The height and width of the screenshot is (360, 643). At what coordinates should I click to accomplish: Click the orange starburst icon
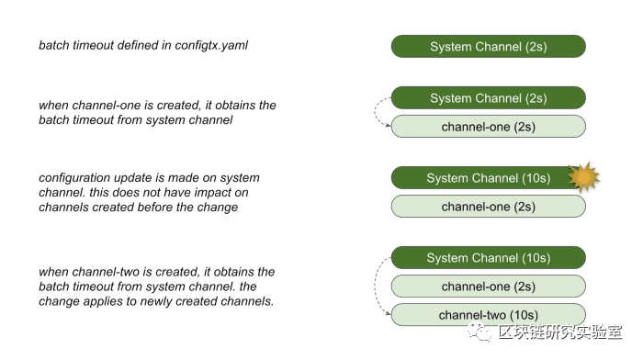click(583, 177)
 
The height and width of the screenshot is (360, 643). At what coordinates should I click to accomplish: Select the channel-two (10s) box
click(489, 315)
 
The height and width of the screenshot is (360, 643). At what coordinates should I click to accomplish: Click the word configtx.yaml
click(211, 46)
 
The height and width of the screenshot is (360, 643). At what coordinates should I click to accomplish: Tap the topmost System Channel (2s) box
click(489, 46)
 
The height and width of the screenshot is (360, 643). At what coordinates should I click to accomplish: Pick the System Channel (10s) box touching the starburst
click(489, 178)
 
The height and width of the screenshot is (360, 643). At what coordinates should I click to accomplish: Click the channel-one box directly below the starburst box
click(489, 207)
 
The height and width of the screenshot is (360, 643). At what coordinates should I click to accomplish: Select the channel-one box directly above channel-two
click(489, 287)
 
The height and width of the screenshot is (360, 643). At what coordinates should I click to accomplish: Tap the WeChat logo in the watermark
click(479, 332)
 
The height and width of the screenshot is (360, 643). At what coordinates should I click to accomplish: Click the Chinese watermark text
click(560, 332)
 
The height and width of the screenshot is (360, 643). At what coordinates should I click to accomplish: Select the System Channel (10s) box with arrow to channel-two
click(489, 258)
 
